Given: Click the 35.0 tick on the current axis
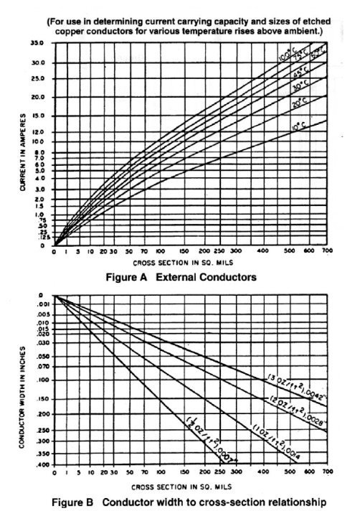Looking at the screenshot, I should click(37, 43).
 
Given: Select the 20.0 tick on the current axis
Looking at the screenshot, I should click(37, 97).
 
